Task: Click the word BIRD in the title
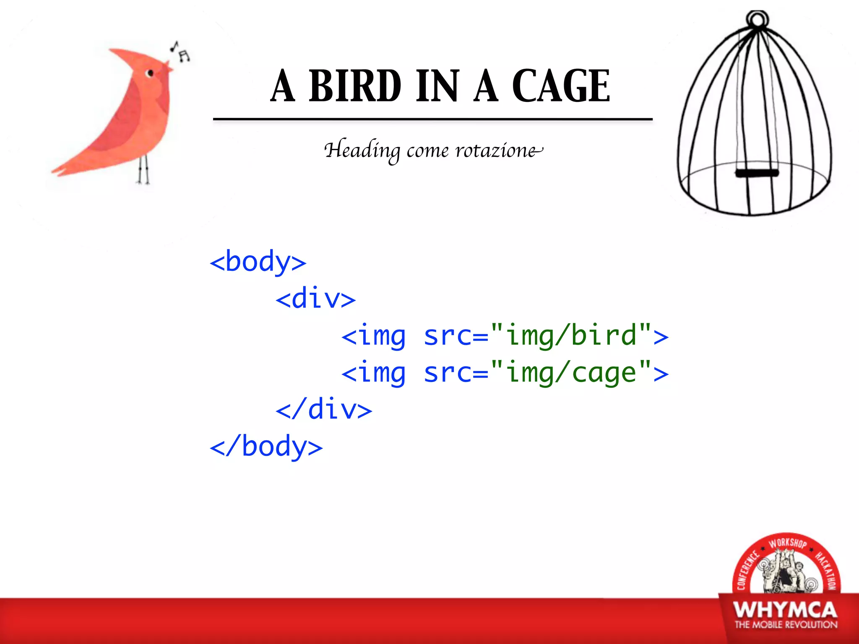coord(355,86)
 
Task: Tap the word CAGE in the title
coord(561,86)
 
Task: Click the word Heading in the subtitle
coord(362,151)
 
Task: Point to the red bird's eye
coord(150,73)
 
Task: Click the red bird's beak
coord(169,66)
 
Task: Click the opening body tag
coord(258,262)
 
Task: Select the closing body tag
coord(266,447)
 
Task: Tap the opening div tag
coord(315,299)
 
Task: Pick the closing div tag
coord(324,410)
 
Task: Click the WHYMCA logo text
coord(785,610)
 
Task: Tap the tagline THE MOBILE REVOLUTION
coord(786,625)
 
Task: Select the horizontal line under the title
coord(432,119)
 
